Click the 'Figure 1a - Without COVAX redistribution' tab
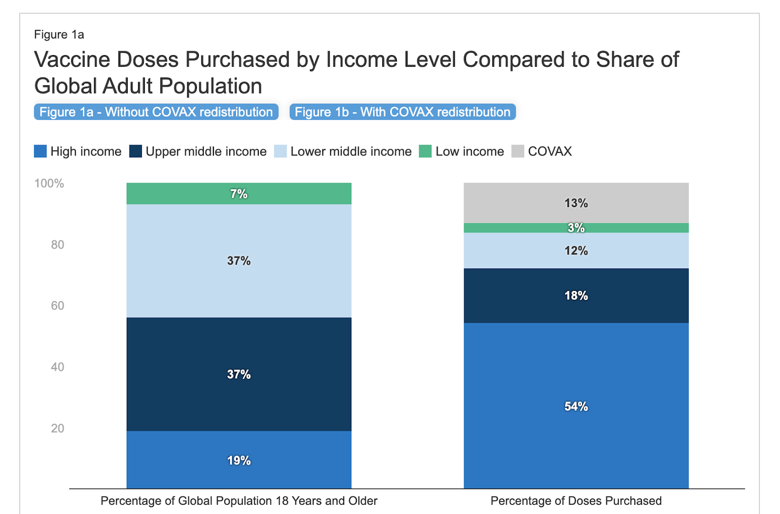(156, 112)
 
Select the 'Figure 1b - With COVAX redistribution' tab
(402, 112)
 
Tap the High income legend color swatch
(40, 152)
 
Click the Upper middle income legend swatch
(136, 152)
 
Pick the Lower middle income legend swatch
(280, 152)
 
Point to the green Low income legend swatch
(425, 152)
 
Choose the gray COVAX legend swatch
(518, 152)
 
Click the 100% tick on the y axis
(49, 184)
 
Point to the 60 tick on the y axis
(58, 306)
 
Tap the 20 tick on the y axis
(58, 428)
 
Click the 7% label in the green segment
(239, 194)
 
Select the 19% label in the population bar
(239, 460)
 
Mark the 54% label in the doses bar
(576, 406)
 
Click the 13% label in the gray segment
(576, 203)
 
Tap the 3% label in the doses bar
(576, 228)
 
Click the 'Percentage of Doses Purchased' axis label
(576, 501)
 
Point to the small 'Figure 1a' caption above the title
(59, 35)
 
